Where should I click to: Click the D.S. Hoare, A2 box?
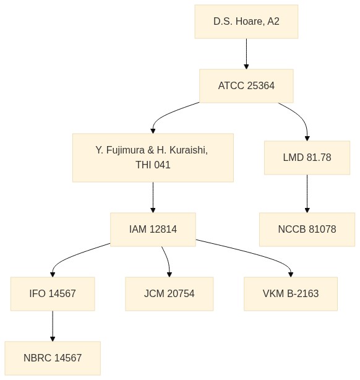[246, 22]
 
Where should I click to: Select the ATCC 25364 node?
[246, 86]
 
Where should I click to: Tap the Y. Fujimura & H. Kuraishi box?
[153, 158]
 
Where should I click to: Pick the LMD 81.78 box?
[307, 158]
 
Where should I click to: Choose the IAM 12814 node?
[153, 229]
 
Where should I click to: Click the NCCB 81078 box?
[307, 229]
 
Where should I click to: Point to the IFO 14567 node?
[53, 294]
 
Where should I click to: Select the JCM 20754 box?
[169, 294]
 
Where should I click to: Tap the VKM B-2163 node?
[291, 294]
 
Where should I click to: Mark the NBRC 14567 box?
[53, 358]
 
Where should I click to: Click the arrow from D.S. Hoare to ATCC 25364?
[246, 54]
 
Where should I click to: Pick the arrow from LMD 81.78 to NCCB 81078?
[307, 194]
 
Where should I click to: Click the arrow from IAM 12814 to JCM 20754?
[167, 261]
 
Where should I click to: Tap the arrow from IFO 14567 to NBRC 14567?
[53, 326]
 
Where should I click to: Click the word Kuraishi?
[189, 150]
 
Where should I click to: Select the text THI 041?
[153, 165]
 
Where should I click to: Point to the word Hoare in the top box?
[249, 22]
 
